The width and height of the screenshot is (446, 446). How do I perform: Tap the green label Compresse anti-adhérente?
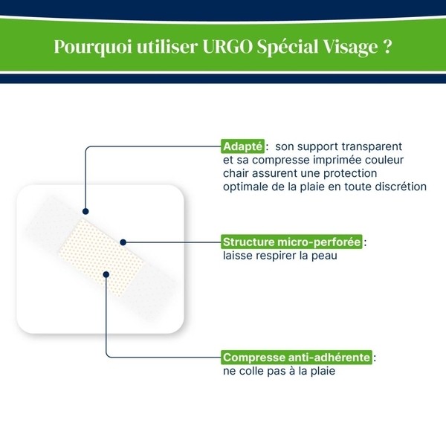[297, 357]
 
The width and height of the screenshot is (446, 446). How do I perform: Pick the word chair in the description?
[236, 172]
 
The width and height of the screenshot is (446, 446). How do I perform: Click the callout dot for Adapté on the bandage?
[86, 210]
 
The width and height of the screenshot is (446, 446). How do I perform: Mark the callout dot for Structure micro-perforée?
[123, 242]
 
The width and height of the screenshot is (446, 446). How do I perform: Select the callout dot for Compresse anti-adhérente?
[107, 274]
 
